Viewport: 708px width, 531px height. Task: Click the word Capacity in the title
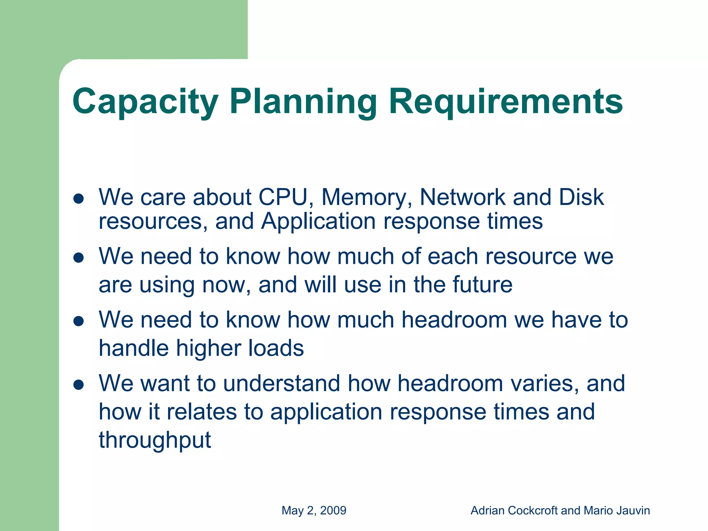coord(145,102)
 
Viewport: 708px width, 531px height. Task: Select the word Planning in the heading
coord(303,102)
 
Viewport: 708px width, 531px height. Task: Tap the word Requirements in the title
coord(506,102)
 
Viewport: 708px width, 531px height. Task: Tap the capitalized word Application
coord(318,221)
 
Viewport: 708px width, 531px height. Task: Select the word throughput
coord(155,440)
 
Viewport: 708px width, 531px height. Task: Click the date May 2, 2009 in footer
coord(314,511)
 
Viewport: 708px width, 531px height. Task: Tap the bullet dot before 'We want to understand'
coord(79,385)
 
